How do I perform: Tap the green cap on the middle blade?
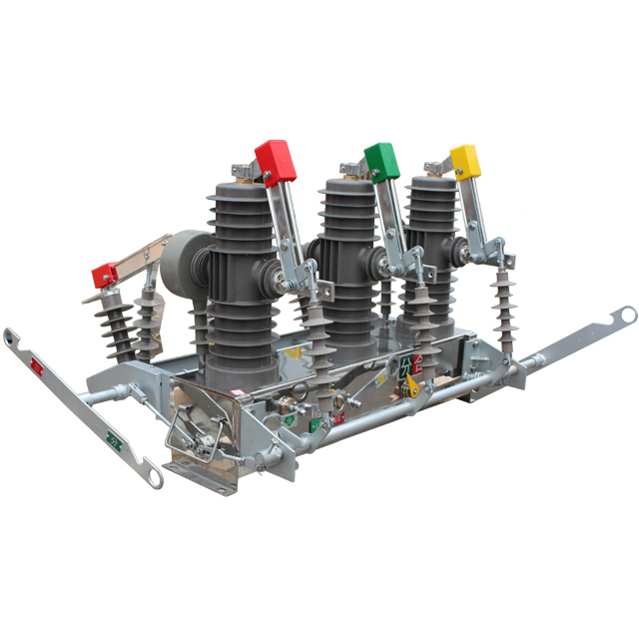pos(381,161)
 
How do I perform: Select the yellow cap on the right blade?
pos(465,161)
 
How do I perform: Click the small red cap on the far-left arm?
pos(106,274)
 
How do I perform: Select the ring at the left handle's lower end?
pos(153,476)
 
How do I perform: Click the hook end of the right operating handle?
pos(625,316)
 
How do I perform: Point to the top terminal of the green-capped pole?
pos(350,169)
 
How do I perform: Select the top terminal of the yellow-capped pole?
pos(434,167)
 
